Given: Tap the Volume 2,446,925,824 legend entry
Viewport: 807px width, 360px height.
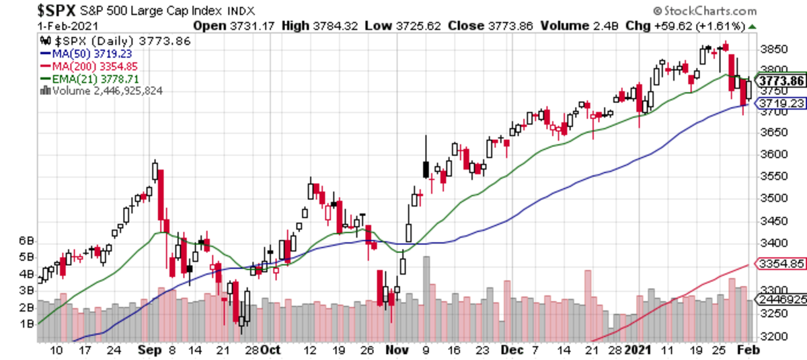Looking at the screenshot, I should click(101, 90).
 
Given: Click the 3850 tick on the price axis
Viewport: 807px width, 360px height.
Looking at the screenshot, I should click(771, 49).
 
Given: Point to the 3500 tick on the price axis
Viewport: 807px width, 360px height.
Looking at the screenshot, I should click(771, 198).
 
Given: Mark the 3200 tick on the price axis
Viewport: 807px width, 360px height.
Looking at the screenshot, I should click(771, 336).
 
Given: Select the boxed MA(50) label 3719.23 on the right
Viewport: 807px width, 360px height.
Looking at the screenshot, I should click(780, 104).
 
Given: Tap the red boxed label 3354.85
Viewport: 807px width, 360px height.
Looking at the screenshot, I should click(780, 264).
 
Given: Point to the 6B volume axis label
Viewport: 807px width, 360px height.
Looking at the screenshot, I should click(26, 241).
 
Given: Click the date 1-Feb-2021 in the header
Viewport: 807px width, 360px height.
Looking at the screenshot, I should click(67, 26).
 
